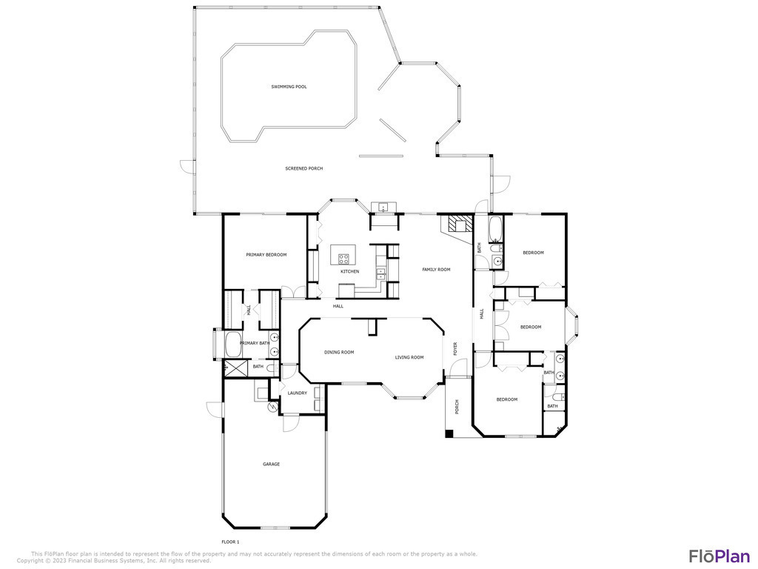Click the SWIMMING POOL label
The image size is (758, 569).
289,87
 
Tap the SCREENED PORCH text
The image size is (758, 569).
303,168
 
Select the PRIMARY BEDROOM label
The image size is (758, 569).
266,255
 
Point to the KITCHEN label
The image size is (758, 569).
349,271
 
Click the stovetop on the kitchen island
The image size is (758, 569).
343,259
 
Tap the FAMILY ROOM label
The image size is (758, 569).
436,270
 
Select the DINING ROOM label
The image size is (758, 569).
339,352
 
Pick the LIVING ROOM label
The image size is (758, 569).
409,358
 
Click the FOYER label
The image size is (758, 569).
455,349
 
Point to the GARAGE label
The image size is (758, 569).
271,465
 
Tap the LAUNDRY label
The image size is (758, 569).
298,393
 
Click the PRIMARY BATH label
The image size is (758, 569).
255,344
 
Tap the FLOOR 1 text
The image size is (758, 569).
230,542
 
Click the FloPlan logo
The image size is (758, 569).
719,556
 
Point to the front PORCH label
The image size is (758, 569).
457,407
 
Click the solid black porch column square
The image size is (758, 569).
449,434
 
